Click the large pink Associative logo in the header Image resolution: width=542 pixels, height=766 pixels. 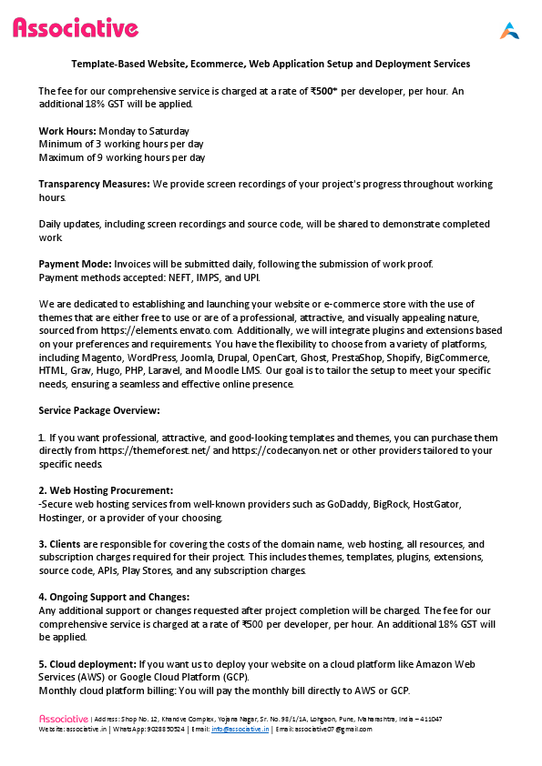[76, 29]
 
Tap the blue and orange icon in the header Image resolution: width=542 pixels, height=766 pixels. [509, 30]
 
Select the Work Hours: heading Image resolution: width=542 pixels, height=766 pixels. [67, 131]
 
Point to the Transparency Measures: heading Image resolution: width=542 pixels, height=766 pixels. [94, 184]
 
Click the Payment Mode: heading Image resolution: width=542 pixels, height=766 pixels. [75, 264]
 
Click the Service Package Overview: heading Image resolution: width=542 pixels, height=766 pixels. [99, 410]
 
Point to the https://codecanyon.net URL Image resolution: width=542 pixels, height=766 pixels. [277, 450]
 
